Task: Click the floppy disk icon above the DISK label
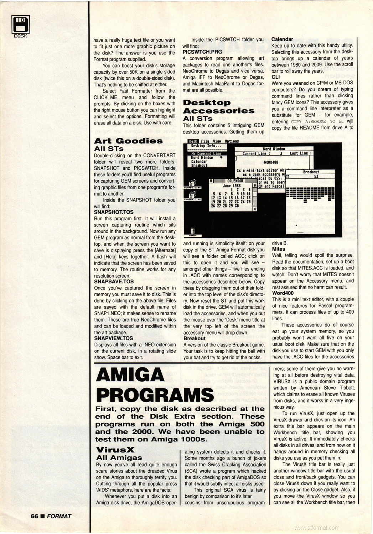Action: click(21, 24)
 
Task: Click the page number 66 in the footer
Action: click(34, 516)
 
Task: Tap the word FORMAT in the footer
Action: click(59, 516)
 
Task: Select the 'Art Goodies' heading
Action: click(128, 141)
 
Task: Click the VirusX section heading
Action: click(115, 450)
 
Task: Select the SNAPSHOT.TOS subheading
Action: click(114, 212)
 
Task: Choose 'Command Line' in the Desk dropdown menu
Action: click(209, 153)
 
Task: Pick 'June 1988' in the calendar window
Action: click(232, 186)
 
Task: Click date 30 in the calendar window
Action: click(237, 206)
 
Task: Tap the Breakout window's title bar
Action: click(311, 172)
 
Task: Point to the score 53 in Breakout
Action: click(316, 176)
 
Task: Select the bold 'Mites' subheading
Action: click(279, 249)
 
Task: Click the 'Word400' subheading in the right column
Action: click(283, 293)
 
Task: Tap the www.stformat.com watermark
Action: click(317, 528)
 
